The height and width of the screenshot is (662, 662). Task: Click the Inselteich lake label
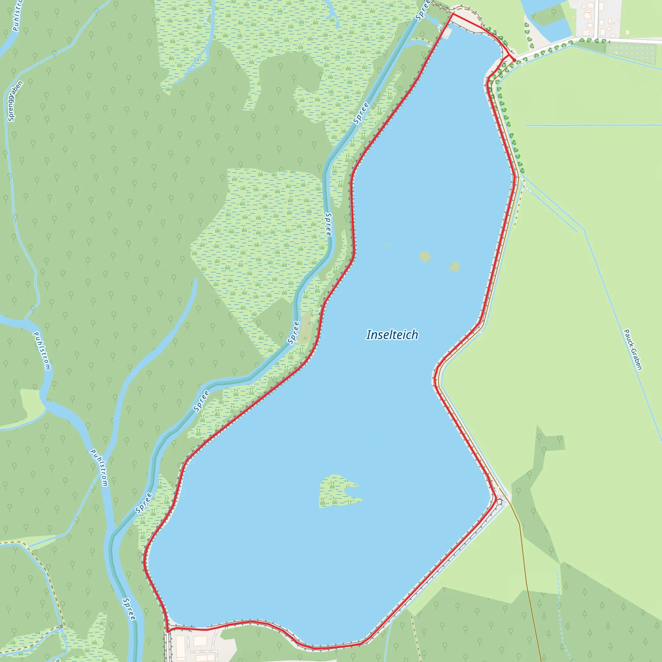pyautogui.click(x=392, y=335)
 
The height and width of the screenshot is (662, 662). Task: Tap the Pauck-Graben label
pyautogui.click(x=633, y=349)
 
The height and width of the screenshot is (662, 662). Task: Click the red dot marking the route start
pyautogui.click(x=514, y=60)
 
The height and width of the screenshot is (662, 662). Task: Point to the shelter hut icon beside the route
pyautogui.click(x=499, y=502)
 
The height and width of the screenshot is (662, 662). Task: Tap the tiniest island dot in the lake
pyautogui.click(x=387, y=245)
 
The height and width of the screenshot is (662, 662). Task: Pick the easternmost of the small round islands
pyautogui.click(x=454, y=266)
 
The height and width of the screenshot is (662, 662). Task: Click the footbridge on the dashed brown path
pyautogui.click(x=61, y=627)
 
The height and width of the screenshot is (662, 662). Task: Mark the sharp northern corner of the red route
pyautogui.click(x=453, y=14)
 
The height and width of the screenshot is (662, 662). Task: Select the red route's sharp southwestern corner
pyautogui.click(x=167, y=631)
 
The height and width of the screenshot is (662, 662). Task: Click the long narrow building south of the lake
pyautogui.click(x=181, y=644)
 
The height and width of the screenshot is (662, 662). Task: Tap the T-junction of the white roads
pyautogui.click(x=598, y=38)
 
